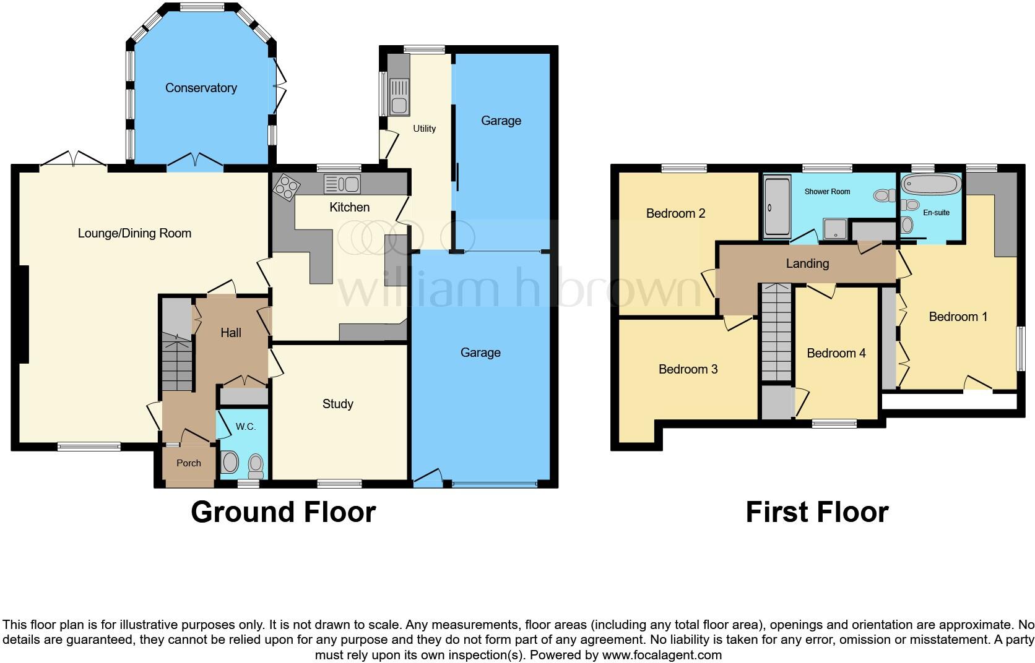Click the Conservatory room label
click(x=201, y=88)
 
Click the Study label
click(x=337, y=404)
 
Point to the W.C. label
click(x=246, y=427)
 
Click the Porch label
click(x=189, y=463)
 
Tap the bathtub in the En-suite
click(x=930, y=183)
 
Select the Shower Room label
click(x=827, y=192)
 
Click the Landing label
click(x=807, y=263)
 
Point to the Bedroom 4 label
click(x=836, y=353)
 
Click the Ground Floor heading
click(x=283, y=512)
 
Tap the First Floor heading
click(x=816, y=512)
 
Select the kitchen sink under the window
click(x=341, y=184)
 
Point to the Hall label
click(x=231, y=333)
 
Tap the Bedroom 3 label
click(x=688, y=369)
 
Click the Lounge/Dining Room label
click(x=134, y=233)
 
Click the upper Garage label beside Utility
click(x=501, y=121)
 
